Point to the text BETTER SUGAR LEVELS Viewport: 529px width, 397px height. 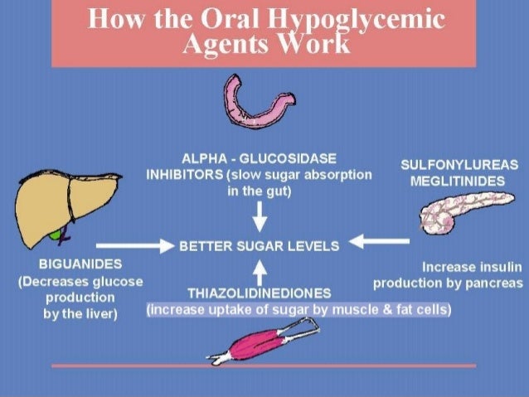259,246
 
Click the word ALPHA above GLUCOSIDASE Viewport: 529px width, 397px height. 202,158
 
